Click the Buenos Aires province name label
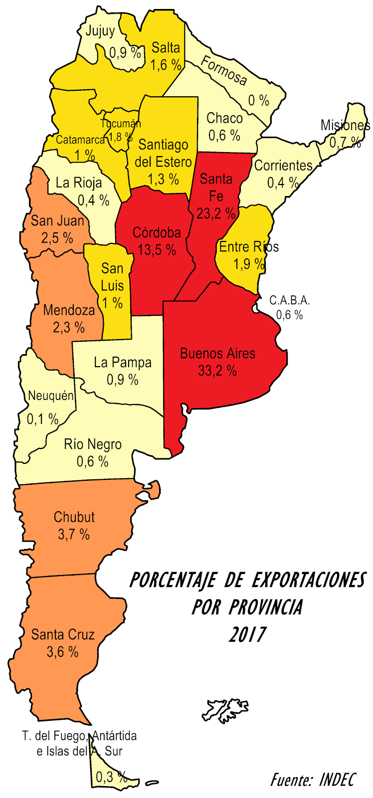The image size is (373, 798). [217, 354]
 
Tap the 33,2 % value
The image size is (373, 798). [217, 371]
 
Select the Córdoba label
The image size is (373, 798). [157, 233]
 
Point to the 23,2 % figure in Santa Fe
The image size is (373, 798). [215, 213]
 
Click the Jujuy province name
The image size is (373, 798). [100, 31]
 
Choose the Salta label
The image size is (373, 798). [166, 48]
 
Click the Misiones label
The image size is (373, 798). [345, 125]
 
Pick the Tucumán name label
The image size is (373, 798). [120, 124]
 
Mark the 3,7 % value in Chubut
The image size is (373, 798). [74, 535]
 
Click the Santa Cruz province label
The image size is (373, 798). [63, 634]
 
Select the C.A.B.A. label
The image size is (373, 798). [290, 300]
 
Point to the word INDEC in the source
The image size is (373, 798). [338, 780]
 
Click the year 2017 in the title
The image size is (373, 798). [247, 634]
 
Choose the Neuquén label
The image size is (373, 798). [51, 396]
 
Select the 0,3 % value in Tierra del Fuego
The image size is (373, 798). [111, 777]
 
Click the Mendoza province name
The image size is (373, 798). [69, 310]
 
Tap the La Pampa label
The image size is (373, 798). [123, 363]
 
